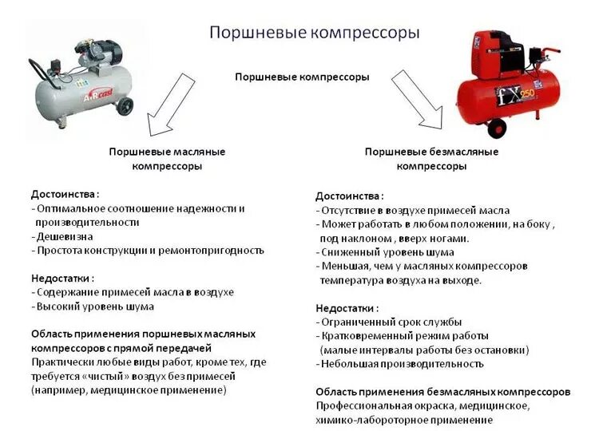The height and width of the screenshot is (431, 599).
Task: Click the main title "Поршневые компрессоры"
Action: (x=314, y=33)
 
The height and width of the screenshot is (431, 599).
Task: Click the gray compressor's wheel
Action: (x=125, y=105)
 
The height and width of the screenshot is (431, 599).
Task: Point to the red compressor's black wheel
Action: (x=497, y=127)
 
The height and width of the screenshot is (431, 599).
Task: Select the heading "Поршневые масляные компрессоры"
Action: (x=167, y=159)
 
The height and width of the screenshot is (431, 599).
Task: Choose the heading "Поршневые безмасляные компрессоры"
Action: (x=431, y=159)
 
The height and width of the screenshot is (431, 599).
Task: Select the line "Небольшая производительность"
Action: (x=402, y=363)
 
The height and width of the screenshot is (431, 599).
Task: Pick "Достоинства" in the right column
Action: (x=347, y=196)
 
